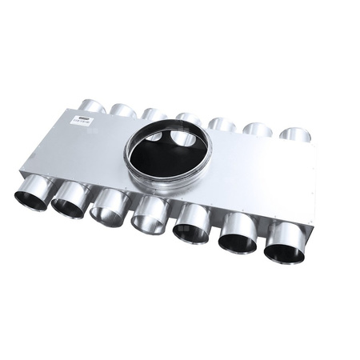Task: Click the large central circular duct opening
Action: pos(166,157)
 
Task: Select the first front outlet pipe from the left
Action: pos(32,195)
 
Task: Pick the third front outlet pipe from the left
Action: pos(107,210)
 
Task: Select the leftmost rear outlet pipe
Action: pos(93,106)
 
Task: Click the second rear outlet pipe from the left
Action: pos(123,110)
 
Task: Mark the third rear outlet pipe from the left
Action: pos(154,114)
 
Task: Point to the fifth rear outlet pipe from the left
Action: pos(222,124)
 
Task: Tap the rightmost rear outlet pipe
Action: pos(294,134)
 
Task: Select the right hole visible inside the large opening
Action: pos(183,139)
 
